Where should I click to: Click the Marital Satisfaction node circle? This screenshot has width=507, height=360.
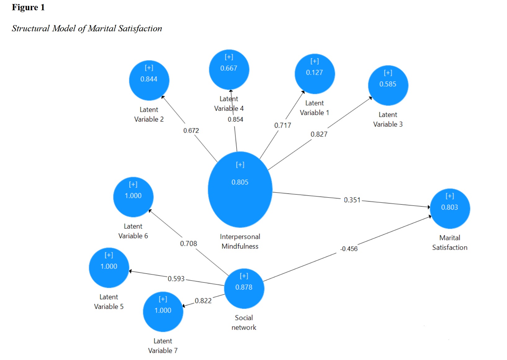pos(450,208)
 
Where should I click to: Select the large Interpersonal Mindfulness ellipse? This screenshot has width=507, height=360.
pos(240,189)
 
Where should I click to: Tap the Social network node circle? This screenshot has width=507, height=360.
pos(244,288)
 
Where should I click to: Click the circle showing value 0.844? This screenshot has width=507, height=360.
pos(149,80)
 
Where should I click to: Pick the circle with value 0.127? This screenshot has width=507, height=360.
pos(314,73)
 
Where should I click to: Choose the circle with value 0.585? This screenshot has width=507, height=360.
pos(388,85)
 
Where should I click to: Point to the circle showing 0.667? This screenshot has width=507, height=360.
pos(229,69)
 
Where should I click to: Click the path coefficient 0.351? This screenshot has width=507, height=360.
pos(352,200)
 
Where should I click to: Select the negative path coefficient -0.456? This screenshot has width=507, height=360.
pos(349,249)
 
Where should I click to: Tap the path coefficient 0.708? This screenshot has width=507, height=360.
pos(188,243)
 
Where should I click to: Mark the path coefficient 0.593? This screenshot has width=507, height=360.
pos(176,278)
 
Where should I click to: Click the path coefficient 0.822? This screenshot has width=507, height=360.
pos(203,300)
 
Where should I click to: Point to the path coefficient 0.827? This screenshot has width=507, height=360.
pos(319,134)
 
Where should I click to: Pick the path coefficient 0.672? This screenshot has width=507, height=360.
pos(191,131)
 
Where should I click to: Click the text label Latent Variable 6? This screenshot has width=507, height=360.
pos(133,231)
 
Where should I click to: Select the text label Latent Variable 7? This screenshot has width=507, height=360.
pos(163,345)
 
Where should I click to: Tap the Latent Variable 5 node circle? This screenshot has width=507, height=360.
pos(109,268)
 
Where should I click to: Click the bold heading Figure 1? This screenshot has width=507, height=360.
pos(28,7)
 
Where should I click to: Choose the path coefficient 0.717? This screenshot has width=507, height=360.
pos(282,125)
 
